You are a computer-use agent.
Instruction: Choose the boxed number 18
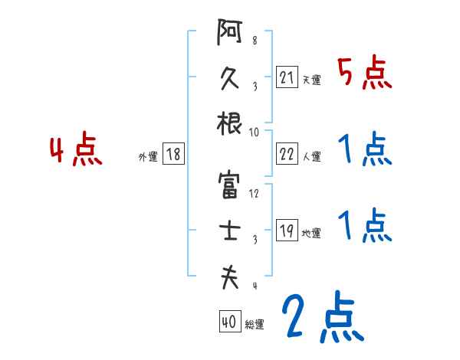(x=173, y=154)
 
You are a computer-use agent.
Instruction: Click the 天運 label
(x=311, y=80)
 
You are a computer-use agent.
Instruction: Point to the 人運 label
(x=311, y=156)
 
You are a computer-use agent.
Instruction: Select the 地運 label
(x=311, y=233)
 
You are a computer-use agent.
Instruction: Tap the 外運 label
(x=147, y=156)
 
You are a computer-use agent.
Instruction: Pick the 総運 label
(x=255, y=324)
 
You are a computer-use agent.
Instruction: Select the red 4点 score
(x=76, y=150)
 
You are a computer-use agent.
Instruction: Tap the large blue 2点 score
(x=321, y=317)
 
